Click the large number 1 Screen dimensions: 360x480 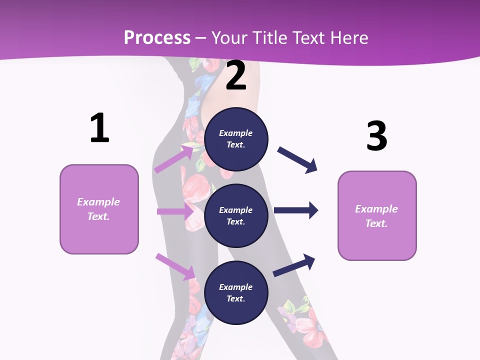99,128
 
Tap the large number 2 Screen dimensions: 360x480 236,75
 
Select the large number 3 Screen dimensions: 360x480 376,136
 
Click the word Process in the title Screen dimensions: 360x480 157,37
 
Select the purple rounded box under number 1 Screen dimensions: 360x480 99,209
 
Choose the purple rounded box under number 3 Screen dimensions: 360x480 377,215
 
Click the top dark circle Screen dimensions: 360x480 236,139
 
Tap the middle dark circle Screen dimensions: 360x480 236,215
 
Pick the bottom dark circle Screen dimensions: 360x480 236,292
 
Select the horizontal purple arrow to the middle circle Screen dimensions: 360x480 175,211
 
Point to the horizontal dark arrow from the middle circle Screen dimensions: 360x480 296,210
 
